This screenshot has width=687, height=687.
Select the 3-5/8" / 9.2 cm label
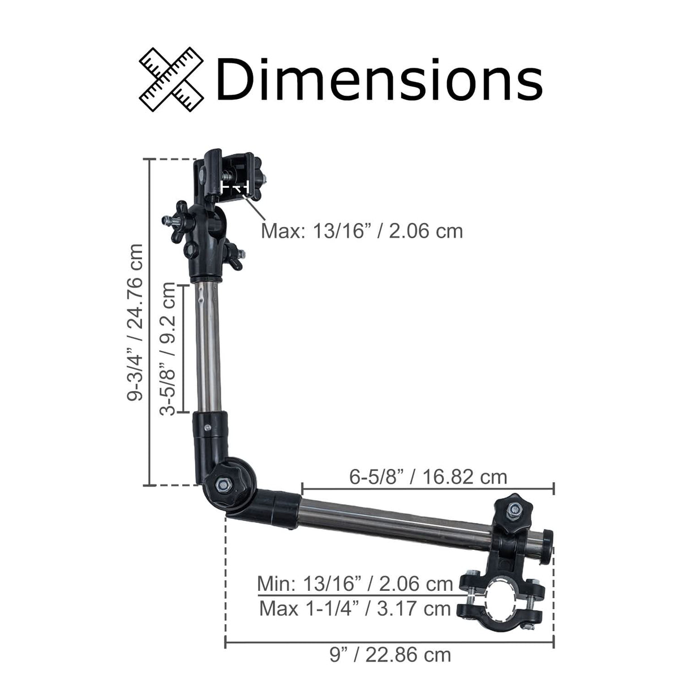[x=168, y=349]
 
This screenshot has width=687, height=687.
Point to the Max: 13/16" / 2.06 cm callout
[x=362, y=231]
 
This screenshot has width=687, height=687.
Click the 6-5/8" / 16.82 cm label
[x=428, y=476]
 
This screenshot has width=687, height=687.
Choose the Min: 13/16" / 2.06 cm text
[x=355, y=583]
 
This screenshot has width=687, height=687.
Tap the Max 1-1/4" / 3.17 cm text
[x=355, y=609]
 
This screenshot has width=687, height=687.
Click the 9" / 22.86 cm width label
[x=390, y=655]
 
